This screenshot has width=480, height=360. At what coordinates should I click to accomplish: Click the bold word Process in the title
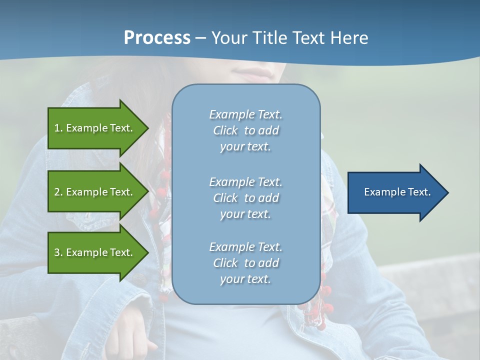tap(157, 38)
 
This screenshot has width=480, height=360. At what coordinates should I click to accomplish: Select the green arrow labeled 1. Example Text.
tap(95, 128)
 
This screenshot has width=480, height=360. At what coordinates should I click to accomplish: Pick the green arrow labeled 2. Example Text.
tap(95, 192)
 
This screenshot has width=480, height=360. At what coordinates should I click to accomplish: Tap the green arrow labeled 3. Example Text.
tap(95, 252)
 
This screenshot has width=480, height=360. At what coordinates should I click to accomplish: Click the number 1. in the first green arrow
tap(58, 128)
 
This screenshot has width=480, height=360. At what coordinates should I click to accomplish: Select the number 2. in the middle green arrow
tap(58, 192)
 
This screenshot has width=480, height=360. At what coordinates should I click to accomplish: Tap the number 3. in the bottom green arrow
tap(58, 252)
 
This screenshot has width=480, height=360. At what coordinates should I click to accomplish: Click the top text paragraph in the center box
tap(245, 130)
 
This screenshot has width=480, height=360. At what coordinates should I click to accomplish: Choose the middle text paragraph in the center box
tap(245, 198)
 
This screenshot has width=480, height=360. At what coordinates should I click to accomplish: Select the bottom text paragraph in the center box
tap(245, 263)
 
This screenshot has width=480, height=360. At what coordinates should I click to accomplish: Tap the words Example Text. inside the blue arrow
tap(397, 192)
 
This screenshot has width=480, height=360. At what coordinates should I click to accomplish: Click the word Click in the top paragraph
tap(225, 130)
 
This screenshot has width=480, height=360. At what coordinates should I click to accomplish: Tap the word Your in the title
tap(229, 38)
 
